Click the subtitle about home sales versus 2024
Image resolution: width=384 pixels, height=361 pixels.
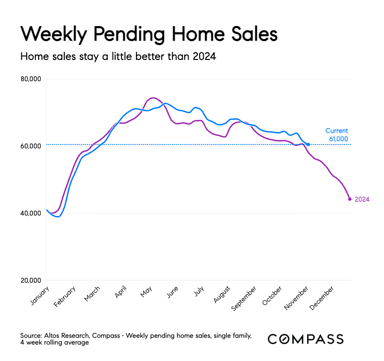tap(118, 57)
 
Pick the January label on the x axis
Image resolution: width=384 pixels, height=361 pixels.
tap(41, 294)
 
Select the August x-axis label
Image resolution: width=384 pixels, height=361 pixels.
tap(222, 293)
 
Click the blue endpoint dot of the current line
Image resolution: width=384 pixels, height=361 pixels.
tap(308, 144)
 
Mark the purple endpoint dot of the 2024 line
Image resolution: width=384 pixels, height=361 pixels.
tap(350, 199)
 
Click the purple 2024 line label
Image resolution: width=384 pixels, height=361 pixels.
tap(362, 199)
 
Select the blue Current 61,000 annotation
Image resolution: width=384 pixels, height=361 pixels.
tap(336, 135)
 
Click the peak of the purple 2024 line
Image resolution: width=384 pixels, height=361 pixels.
tap(153, 98)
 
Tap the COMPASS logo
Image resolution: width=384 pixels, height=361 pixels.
tap(306, 339)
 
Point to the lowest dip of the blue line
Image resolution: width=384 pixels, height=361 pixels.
tap(58, 217)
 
